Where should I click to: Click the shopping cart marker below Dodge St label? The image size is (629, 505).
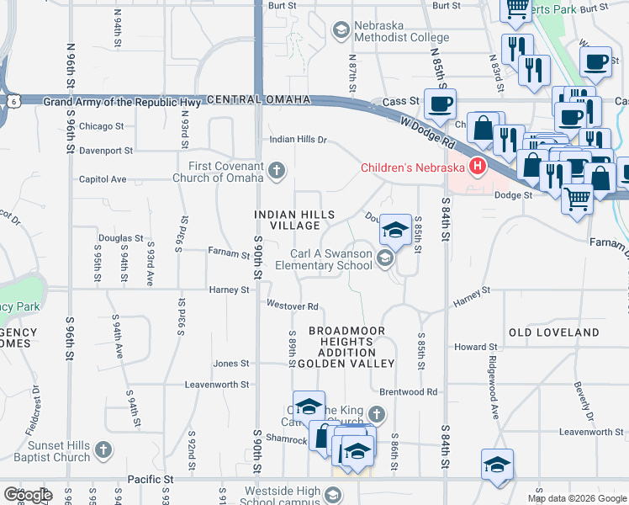577,200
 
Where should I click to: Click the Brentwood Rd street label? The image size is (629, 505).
408,392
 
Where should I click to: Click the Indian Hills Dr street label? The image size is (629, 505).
297,140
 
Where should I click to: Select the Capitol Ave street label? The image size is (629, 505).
102,179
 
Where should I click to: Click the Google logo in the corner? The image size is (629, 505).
28,495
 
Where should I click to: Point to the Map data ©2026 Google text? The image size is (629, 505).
576,498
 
